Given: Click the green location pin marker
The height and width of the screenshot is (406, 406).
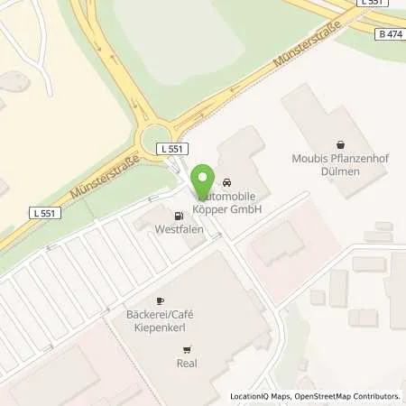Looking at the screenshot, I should click(204, 177).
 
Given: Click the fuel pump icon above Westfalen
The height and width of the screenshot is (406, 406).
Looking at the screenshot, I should click(178, 216).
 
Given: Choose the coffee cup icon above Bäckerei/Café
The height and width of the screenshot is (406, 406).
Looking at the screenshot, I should click(161, 300).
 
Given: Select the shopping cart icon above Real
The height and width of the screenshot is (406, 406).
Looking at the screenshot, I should click(187, 350).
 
